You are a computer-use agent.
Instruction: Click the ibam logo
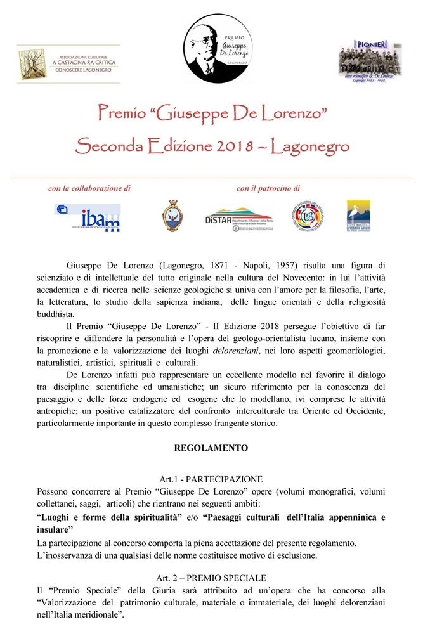pos(89,217)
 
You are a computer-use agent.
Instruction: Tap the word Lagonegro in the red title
pos(310,147)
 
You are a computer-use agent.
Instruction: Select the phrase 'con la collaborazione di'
pos(89,188)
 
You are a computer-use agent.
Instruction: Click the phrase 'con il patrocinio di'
pos(268,188)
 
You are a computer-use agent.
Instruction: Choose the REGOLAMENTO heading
pos(211,448)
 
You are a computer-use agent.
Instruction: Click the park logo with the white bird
pos(358,217)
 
